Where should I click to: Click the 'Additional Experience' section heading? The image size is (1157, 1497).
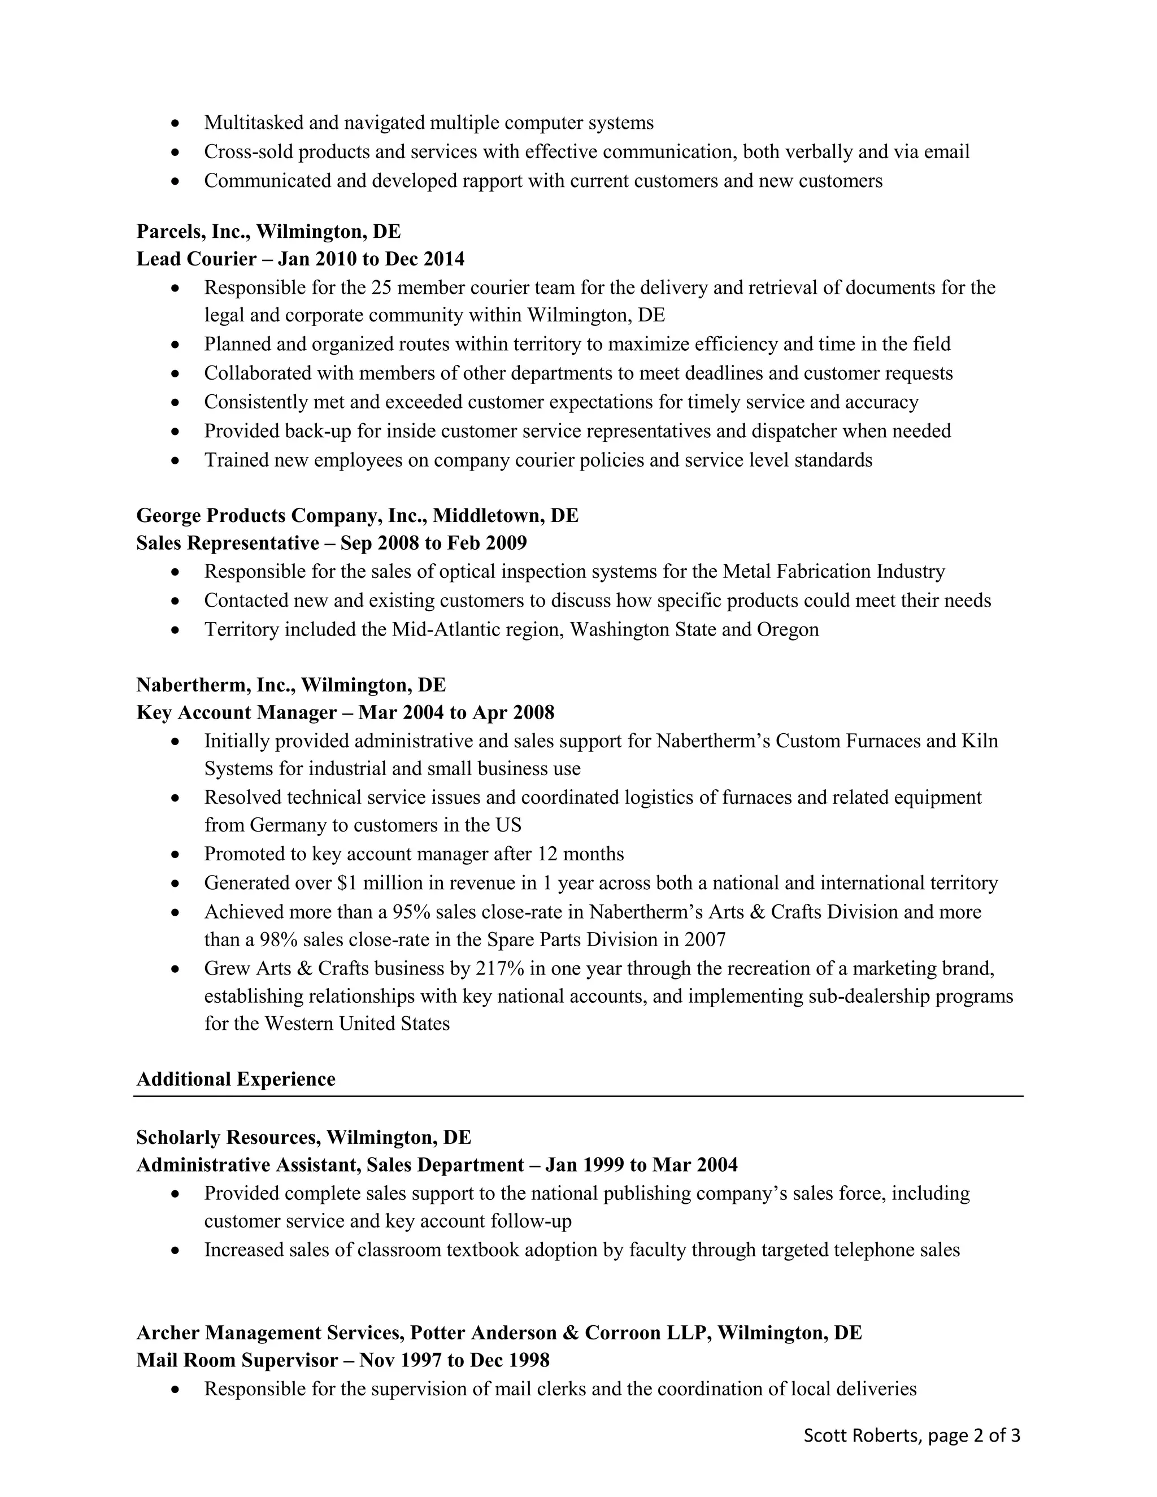[x=236, y=1080]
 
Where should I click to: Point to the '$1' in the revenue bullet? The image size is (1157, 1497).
[x=347, y=883]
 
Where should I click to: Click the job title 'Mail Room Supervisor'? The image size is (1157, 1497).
[x=237, y=1361]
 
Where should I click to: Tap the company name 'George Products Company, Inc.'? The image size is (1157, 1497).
[x=280, y=515]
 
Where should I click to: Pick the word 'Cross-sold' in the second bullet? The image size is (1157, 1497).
[x=248, y=152]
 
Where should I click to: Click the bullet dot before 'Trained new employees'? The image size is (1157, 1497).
[x=176, y=460]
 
